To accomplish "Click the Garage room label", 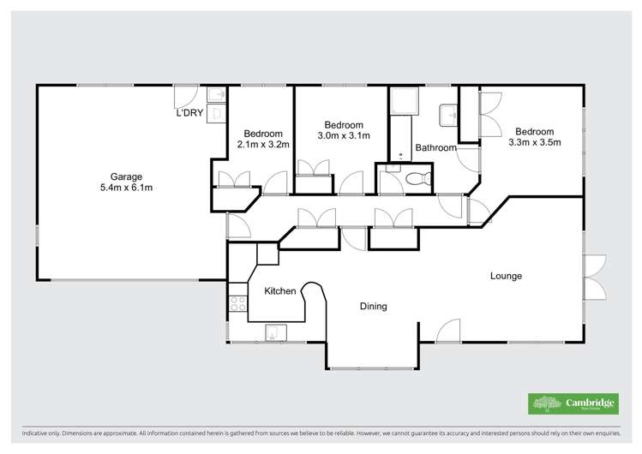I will pyautogui.click(x=125, y=176).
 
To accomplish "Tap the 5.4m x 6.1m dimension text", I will pyautogui.click(x=125, y=187).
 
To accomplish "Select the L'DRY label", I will pyautogui.click(x=189, y=114).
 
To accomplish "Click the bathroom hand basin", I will pyautogui.click(x=448, y=115).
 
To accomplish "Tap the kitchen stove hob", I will pyautogui.click(x=237, y=302).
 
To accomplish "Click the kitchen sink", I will pyautogui.click(x=273, y=332).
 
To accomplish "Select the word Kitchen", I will pyautogui.click(x=279, y=291).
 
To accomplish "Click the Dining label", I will pyautogui.click(x=373, y=306).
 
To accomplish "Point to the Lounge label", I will pyautogui.click(x=506, y=276).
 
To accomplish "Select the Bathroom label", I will pyautogui.click(x=435, y=147).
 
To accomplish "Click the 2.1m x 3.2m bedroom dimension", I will pyautogui.click(x=263, y=144).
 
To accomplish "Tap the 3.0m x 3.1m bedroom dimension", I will pyautogui.click(x=343, y=135).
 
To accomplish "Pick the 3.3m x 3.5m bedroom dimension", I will pyautogui.click(x=534, y=142).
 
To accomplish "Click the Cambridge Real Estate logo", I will pyautogui.click(x=568, y=403).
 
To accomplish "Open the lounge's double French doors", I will pyautogui.click(x=595, y=278).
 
